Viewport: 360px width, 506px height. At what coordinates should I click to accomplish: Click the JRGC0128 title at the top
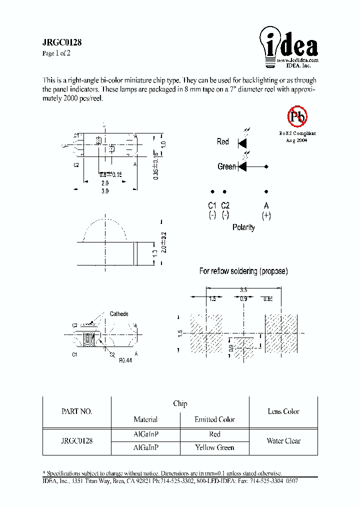[62, 43]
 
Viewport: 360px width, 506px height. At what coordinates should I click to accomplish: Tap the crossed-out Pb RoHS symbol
[297, 117]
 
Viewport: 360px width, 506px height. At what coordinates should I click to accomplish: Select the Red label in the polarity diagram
[222, 142]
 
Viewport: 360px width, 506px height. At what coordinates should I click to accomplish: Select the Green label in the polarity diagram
[226, 166]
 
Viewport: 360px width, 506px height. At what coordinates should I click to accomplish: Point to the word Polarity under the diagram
[243, 227]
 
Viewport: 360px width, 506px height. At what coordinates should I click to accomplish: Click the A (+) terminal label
[266, 210]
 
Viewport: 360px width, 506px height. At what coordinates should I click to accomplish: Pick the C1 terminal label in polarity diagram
[212, 210]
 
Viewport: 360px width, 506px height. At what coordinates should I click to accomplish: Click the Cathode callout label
[119, 314]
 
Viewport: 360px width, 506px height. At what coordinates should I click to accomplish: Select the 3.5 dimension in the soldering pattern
[243, 289]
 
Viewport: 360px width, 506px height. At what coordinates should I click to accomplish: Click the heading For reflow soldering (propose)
[243, 271]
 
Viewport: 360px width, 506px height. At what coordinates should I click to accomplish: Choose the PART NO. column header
[76, 411]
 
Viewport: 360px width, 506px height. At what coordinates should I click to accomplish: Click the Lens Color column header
[283, 411]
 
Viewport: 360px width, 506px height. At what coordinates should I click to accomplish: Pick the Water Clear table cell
[283, 441]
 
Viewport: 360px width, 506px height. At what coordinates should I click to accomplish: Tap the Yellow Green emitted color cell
[214, 447]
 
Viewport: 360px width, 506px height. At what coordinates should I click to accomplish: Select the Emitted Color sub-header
[214, 419]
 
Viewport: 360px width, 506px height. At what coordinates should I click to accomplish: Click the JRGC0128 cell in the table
[76, 441]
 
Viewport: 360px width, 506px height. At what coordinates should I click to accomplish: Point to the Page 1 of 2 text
[56, 53]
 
